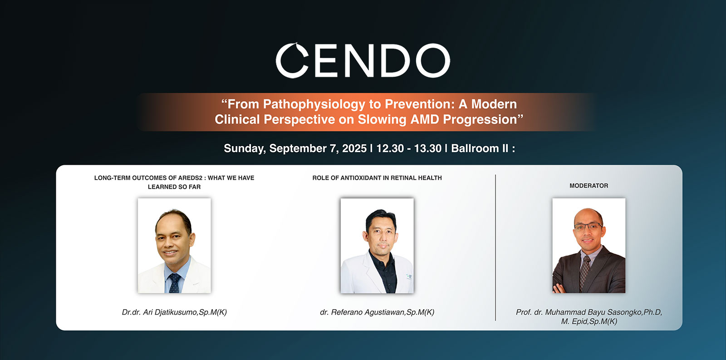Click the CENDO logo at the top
(x=363, y=60)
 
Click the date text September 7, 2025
(x=318, y=148)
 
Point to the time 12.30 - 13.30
(x=409, y=148)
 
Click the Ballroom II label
(x=480, y=148)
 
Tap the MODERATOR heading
(x=589, y=186)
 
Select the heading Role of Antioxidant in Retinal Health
(x=377, y=178)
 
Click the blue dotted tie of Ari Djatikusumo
(x=174, y=283)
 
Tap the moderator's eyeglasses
(x=588, y=227)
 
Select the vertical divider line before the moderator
(x=495, y=248)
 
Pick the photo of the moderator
(x=589, y=246)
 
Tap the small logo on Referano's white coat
(x=409, y=276)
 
